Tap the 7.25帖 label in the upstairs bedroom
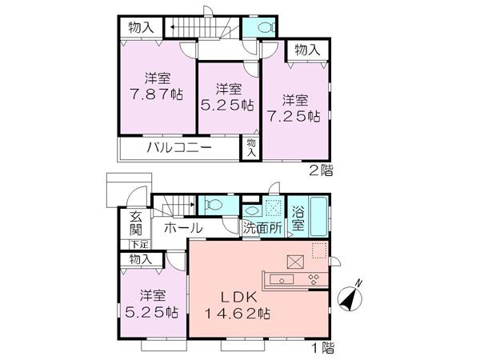(301, 116)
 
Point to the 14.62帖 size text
(237, 313)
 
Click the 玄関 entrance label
(135, 224)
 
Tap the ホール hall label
(182, 229)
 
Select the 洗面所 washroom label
(263, 229)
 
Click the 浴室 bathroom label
(298, 220)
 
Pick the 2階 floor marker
(321, 169)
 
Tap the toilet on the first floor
(212, 204)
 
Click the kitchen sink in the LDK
(284, 280)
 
